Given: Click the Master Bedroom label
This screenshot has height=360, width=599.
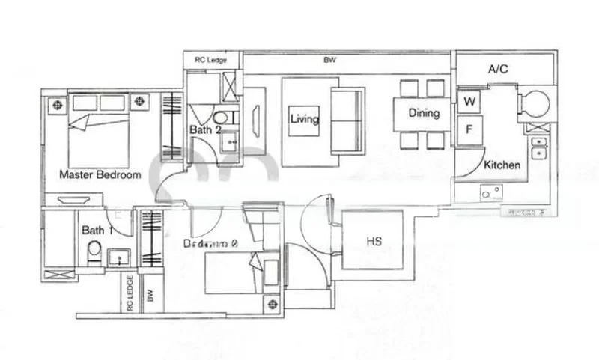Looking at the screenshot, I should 100,175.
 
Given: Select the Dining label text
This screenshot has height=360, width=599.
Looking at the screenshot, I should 423,114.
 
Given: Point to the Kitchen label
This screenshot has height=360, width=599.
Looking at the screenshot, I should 502,165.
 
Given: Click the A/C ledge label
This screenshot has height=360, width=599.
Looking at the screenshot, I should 498,70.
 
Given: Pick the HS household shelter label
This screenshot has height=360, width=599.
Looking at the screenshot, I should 374,242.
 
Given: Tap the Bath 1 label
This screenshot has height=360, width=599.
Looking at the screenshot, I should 97,231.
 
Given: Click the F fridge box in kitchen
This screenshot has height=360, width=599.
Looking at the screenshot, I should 469,129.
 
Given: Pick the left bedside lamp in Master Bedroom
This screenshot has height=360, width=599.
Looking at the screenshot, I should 56,104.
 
